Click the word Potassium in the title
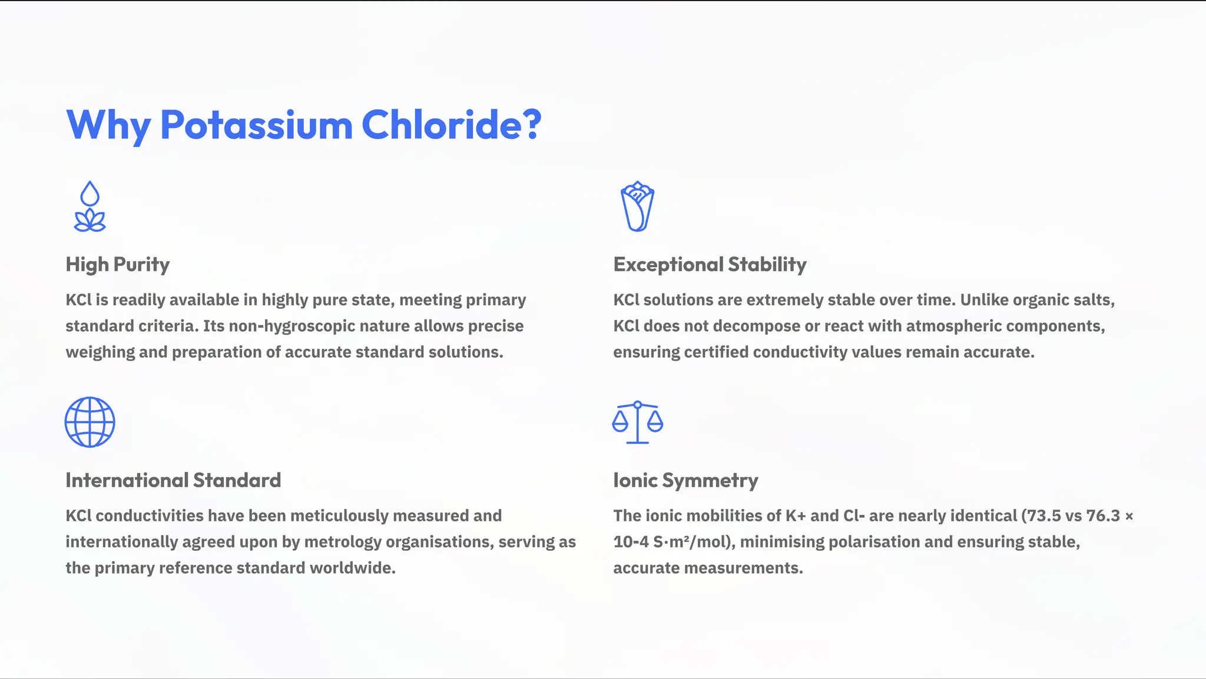256,125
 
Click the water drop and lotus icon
90,207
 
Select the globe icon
90,422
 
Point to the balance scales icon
637,422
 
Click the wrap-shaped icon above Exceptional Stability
637,207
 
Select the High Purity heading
117,264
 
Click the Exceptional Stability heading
710,264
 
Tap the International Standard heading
173,480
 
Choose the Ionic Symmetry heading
685,480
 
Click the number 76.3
1102,515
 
